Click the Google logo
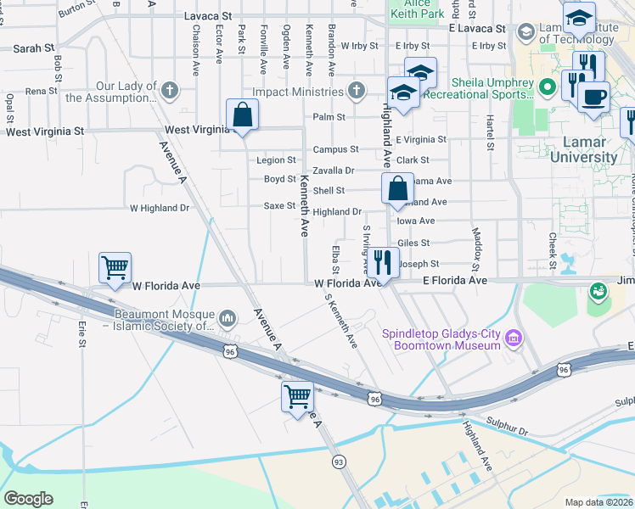pyautogui.click(x=28, y=499)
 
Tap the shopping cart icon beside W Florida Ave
pyautogui.click(x=115, y=268)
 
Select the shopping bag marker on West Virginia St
pyautogui.click(x=243, y=115)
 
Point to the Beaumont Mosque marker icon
pyautogui.click(x=228, y=318)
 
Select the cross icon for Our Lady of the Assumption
pyautogui.click(x=170, y=89)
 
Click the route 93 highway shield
pyautogui.click(x=339, y=461)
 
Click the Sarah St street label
pyautogui.click(x=25, y=49)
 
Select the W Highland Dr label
pyautogui.click(x=160, y=208)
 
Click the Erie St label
pyautogui.click(x=82, y=333)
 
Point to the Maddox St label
pyautogui.click(x=476, y=244)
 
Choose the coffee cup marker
pyautogui.click(x=593, y=95)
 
